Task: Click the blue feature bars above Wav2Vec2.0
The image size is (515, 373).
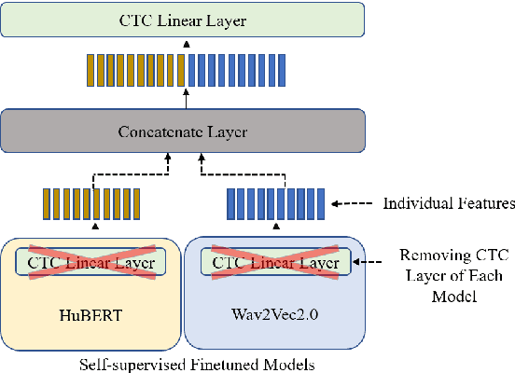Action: point(275,203)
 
